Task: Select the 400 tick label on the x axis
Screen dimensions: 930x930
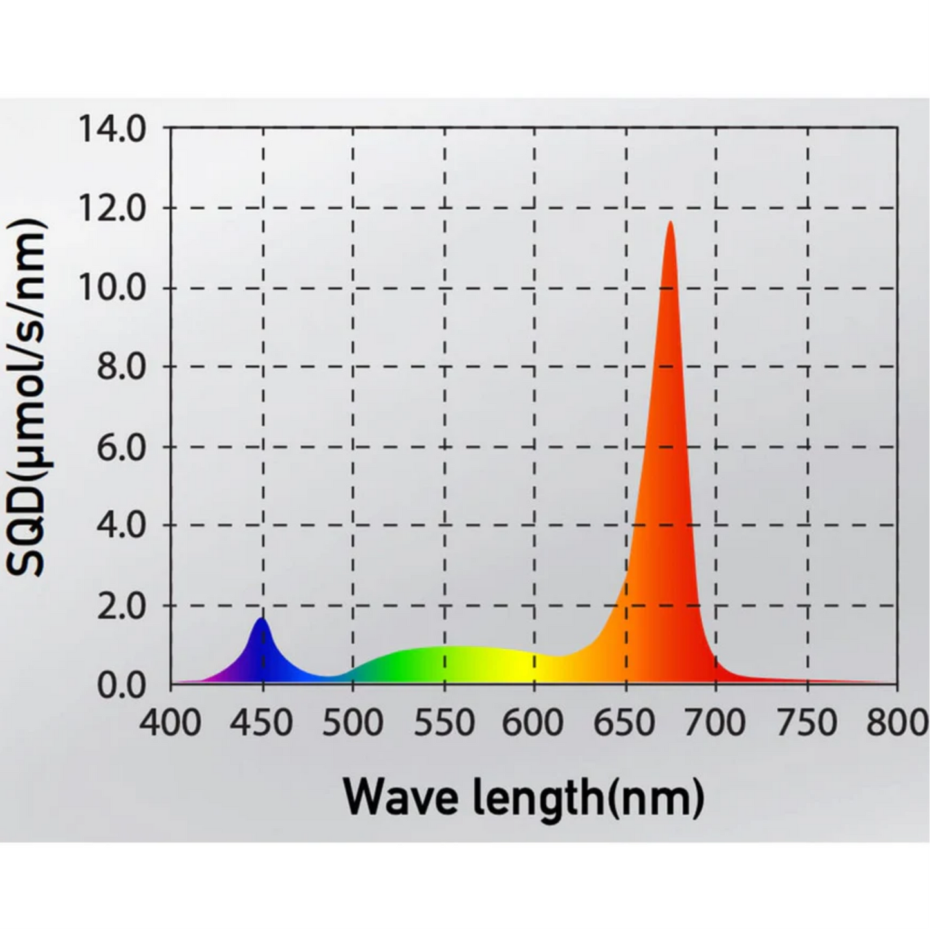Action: [171, 722]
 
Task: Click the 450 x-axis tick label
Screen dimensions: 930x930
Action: [262, 722]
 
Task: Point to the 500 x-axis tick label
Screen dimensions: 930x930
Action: [353, 722]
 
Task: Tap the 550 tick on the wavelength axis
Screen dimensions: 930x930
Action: [444, 722]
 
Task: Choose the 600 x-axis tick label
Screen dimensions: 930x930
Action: [534, 722]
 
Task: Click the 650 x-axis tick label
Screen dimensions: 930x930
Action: [625, 722]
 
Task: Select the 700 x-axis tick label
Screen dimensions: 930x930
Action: [716, 722]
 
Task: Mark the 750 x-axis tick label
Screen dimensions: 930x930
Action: [807, 722]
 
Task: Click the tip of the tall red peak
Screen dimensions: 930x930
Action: [670, 223]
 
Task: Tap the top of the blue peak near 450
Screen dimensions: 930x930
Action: [261, 618]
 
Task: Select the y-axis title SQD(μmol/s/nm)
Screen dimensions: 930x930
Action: [27, 398]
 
